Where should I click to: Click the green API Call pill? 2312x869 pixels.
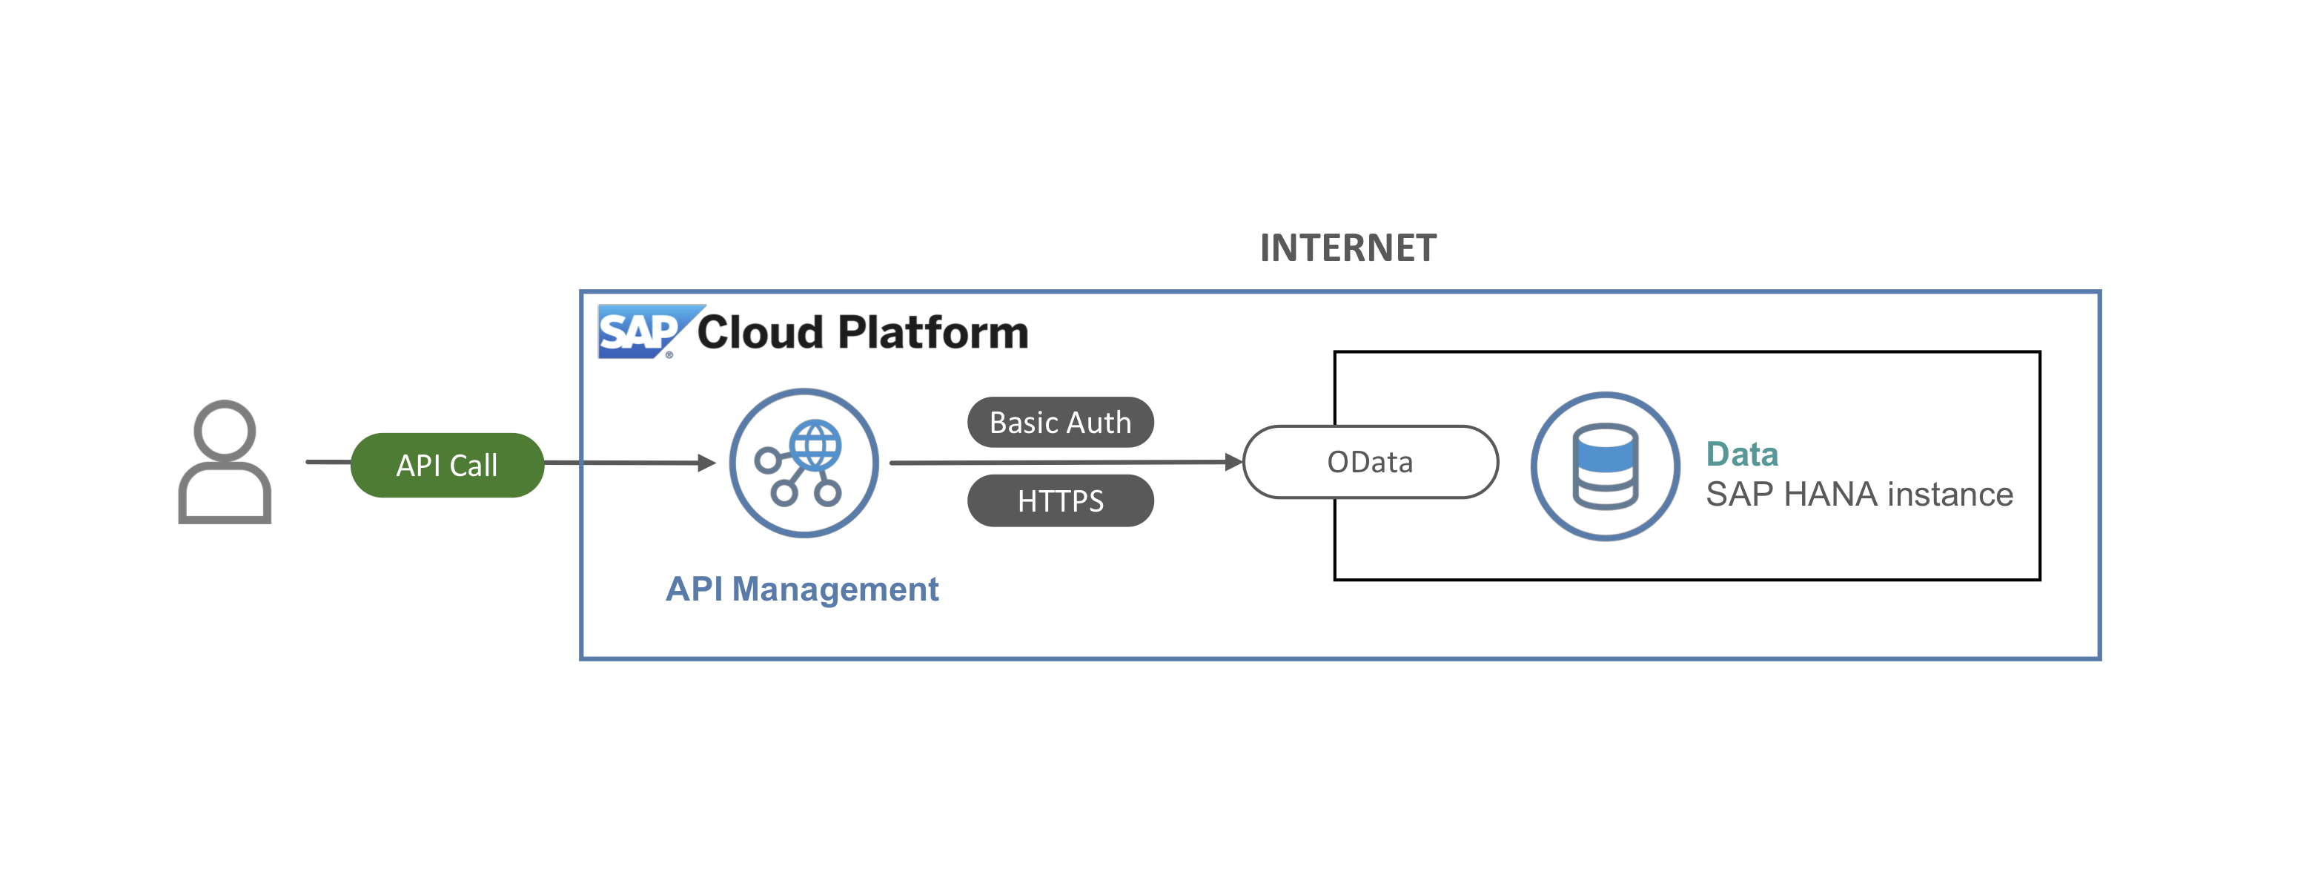[x=447, y=465]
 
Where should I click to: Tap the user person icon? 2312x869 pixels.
[x=225, y=463]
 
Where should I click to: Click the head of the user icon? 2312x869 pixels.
[x=225, y=429]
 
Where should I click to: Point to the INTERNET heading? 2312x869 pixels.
[x=1348, y=248]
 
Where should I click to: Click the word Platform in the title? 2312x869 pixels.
[x=933, y=333]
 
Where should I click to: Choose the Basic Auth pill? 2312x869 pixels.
[x=1060, y=422]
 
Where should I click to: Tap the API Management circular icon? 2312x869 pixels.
[x=804, y=463]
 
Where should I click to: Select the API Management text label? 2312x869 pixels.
[x=801, y=589]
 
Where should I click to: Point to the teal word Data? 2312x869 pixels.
[x=1741, y=455]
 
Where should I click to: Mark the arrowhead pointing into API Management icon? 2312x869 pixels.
[x=707, y=463]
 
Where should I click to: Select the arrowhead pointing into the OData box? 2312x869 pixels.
[x=1234, y=463]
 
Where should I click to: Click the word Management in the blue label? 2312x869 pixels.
[x=835, y=589]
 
